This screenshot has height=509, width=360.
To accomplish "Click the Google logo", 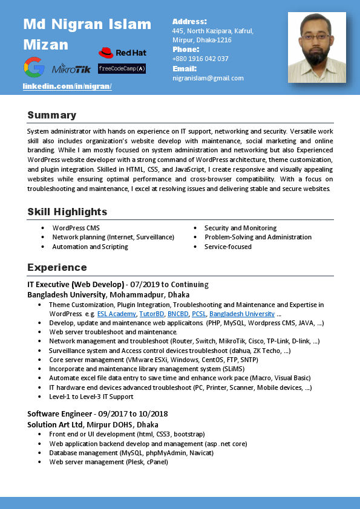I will click(34, 67).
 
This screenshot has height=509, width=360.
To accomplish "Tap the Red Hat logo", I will click(123, 53).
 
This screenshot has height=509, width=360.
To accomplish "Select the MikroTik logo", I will click(71, 69).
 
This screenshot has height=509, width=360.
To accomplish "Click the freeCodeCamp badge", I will click(122, 69).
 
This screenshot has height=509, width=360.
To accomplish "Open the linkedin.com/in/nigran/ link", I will click(67, 86).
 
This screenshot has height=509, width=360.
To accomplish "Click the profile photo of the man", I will click(316, 47).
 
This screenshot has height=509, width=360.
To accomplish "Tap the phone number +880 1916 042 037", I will click(200, 59).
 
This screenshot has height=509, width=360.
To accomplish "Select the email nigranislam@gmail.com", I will click(208, 78).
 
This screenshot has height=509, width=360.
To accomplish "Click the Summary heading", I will click(52, 115).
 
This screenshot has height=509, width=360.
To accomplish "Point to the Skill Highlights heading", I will click(67, 212).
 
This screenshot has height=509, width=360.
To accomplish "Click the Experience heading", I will click(57, 267).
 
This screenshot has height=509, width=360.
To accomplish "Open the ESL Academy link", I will click(117, 314).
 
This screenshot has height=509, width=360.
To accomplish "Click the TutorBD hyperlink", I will click(151, 314).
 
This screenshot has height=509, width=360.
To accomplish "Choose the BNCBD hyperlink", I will click(178, 314).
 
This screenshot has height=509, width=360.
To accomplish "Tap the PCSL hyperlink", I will click(199, 314).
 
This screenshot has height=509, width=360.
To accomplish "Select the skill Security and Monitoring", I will click(240, 228).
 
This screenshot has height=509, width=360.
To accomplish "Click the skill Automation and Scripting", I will click(90, 247).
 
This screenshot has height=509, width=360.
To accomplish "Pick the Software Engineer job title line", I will click(97, 414).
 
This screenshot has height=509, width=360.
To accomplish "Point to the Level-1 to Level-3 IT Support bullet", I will click(91, 397).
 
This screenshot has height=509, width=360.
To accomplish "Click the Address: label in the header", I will click(189, 21).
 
